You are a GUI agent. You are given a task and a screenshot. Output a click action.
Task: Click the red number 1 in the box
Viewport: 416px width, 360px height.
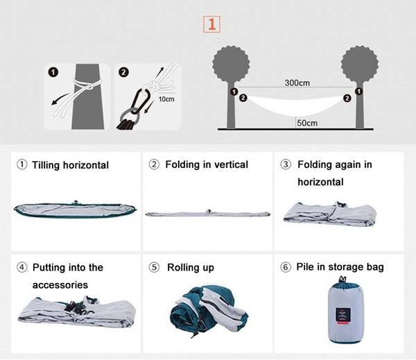(x=211, y=24)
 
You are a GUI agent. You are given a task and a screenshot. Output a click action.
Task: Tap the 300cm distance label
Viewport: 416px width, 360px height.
(x=297, y=83)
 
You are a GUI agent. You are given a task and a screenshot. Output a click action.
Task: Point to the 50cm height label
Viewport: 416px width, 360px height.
(x=307, y=123)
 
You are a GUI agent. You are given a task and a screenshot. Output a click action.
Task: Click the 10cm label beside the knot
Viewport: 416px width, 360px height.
(x=166, y=99)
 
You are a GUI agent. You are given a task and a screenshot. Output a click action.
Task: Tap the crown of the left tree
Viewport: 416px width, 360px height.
(x=231, y=64)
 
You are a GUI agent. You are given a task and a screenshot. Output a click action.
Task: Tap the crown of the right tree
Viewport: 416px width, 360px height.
(x=359, y=64)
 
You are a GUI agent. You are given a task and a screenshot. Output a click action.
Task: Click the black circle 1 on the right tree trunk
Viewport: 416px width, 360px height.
(x=358, y=92)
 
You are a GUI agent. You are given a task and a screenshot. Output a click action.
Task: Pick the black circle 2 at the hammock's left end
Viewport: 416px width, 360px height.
(x=243, y=98)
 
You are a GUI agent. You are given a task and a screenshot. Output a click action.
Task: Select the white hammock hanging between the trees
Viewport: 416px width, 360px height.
(x=295, y=105)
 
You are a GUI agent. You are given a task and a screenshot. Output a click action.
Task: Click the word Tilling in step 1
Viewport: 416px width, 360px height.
(x=46, y=165)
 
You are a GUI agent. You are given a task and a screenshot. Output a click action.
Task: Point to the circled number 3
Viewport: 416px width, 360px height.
(x=286, y=164)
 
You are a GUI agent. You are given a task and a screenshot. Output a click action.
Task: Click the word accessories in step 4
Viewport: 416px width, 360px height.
(x=60, y=285)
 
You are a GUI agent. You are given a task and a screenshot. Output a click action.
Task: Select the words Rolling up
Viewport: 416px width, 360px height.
(x=191, y=268)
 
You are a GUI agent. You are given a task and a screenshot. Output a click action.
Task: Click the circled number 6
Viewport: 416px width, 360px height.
(x=286, y=267)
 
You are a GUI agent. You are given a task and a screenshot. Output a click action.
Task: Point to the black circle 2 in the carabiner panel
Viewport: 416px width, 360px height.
(x=123, y=72)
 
